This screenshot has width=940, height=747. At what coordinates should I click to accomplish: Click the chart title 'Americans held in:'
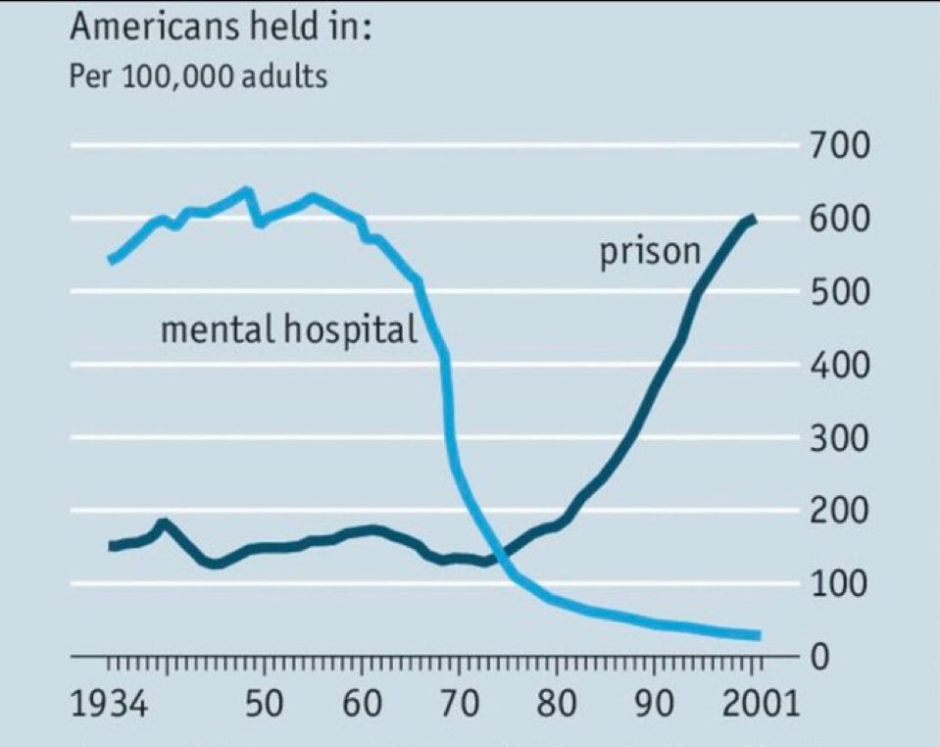click(x=221, y=26)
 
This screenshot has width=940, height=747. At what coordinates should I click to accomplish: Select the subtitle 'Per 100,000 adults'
click(x=198, y=76)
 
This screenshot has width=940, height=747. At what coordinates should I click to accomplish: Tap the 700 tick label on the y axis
click(x=841, y=147)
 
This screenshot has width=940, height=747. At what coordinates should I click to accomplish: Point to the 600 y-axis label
click(x=841, y=219)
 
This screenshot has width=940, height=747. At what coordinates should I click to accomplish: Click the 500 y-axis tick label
click(x=841, y=292)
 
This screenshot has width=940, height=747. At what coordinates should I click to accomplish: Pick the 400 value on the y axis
click(x=841, y=366)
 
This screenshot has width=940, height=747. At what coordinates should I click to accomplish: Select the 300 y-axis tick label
click(x=841, y=438)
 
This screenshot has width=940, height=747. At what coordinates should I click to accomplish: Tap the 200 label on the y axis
click(x=841, y=511)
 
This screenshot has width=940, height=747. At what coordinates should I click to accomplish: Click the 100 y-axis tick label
click(x=841, y=584)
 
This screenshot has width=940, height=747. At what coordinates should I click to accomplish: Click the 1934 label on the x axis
click(x=110, y=705)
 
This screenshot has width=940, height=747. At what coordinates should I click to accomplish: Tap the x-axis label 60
click(x=363, y=705)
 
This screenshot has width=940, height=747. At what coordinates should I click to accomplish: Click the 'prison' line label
click(x=650, y=253)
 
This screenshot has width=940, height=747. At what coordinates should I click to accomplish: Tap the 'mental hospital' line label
click(x=288, y=329)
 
